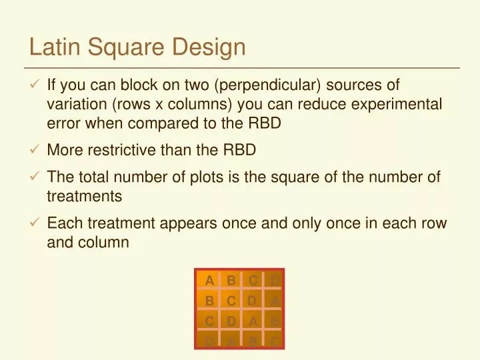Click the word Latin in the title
[52, 47]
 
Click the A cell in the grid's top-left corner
[209, 280]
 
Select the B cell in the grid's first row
[231, 280]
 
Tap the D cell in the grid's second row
[253, 301]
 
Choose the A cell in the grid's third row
[253, 321]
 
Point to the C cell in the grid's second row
[231, 301]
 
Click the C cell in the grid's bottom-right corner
[274, 341]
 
